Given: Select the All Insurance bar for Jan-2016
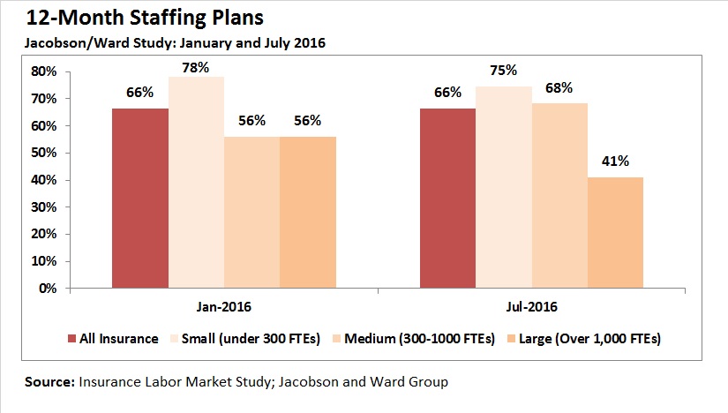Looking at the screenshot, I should pos(139,199).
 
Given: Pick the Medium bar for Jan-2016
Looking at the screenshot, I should pos(251,213).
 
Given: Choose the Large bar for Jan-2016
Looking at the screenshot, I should pos(307,213).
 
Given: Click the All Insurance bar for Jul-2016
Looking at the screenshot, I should pos(447,199).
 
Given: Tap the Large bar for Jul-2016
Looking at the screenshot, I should pos(615,233).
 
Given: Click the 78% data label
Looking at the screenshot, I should pos(196,67).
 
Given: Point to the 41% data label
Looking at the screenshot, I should pos(615,161).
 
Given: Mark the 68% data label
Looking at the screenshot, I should pos(559,88).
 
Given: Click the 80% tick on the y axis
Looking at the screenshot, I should pos(43,71).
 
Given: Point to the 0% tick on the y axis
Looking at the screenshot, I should pos(47,289).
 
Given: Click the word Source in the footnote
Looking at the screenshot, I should pos(49,383).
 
